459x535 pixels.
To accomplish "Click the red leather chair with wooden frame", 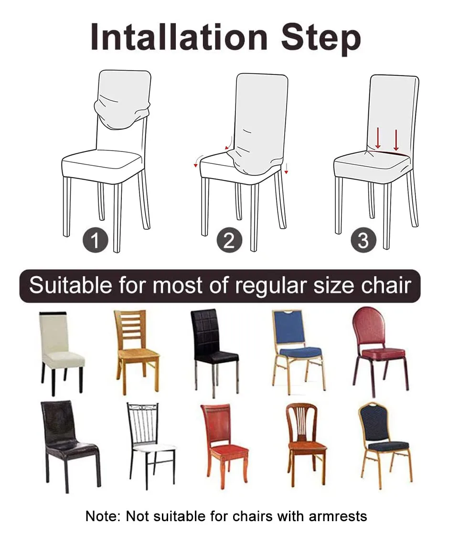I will pos(224,442).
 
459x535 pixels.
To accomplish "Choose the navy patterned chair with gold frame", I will pos(382,442).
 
